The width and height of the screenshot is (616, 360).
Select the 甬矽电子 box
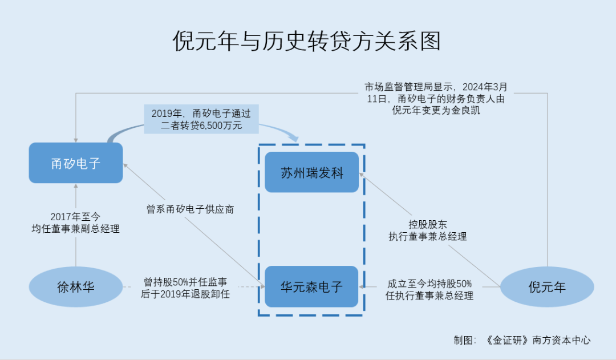click(x=76, y=163)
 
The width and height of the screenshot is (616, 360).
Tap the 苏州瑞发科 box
click(x=311, y=172)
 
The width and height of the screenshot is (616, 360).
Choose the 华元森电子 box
click(x=311, y=286)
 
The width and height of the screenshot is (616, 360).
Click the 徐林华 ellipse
click(x=75, y=287)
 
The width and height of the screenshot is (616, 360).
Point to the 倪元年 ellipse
click(x=547, y=287)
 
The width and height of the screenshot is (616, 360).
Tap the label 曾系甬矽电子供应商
click(x=190, y=209)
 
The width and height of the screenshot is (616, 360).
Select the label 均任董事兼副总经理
click(x=75, y=229)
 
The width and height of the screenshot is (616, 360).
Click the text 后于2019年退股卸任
click(x=185, y=294)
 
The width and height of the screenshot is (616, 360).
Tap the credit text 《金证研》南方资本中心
click(x=538, y=340)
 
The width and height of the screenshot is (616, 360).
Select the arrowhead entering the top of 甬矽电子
click(x=75, y=139)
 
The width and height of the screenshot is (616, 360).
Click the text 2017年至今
click(x=75, y=217)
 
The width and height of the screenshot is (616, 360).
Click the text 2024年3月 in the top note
click(x=484, y=87)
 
